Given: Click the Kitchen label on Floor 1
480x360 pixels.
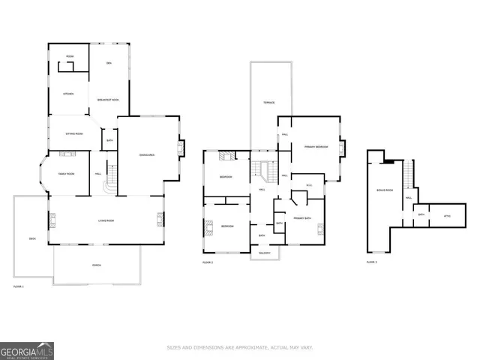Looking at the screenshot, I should (x=67, y=94).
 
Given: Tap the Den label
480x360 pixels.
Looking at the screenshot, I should (x=109, y=63).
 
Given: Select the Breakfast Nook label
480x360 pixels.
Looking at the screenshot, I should (x=108, y=99).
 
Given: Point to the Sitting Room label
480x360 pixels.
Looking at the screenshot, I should (x=74, y=133).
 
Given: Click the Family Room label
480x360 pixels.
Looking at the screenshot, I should (x=67, y=174).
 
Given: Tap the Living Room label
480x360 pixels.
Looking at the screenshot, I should (x=106, y=220).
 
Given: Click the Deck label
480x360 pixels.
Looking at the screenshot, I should (x=32, y=238).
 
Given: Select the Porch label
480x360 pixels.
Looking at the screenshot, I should (x=96, y=265).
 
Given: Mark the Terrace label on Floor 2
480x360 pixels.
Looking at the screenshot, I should (x=268, y=103).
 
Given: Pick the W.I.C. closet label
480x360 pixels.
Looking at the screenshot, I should (x=308, y=185).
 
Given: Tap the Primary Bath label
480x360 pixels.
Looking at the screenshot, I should (x=303, y=217).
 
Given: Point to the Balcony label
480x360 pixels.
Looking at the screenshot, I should (x=265, y=253).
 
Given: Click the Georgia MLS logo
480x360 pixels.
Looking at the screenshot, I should (x=27, y=350).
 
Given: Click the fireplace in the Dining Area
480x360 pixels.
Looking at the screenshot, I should (x=179, y=148).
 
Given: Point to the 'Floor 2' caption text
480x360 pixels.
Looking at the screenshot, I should (x=208, y=262).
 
